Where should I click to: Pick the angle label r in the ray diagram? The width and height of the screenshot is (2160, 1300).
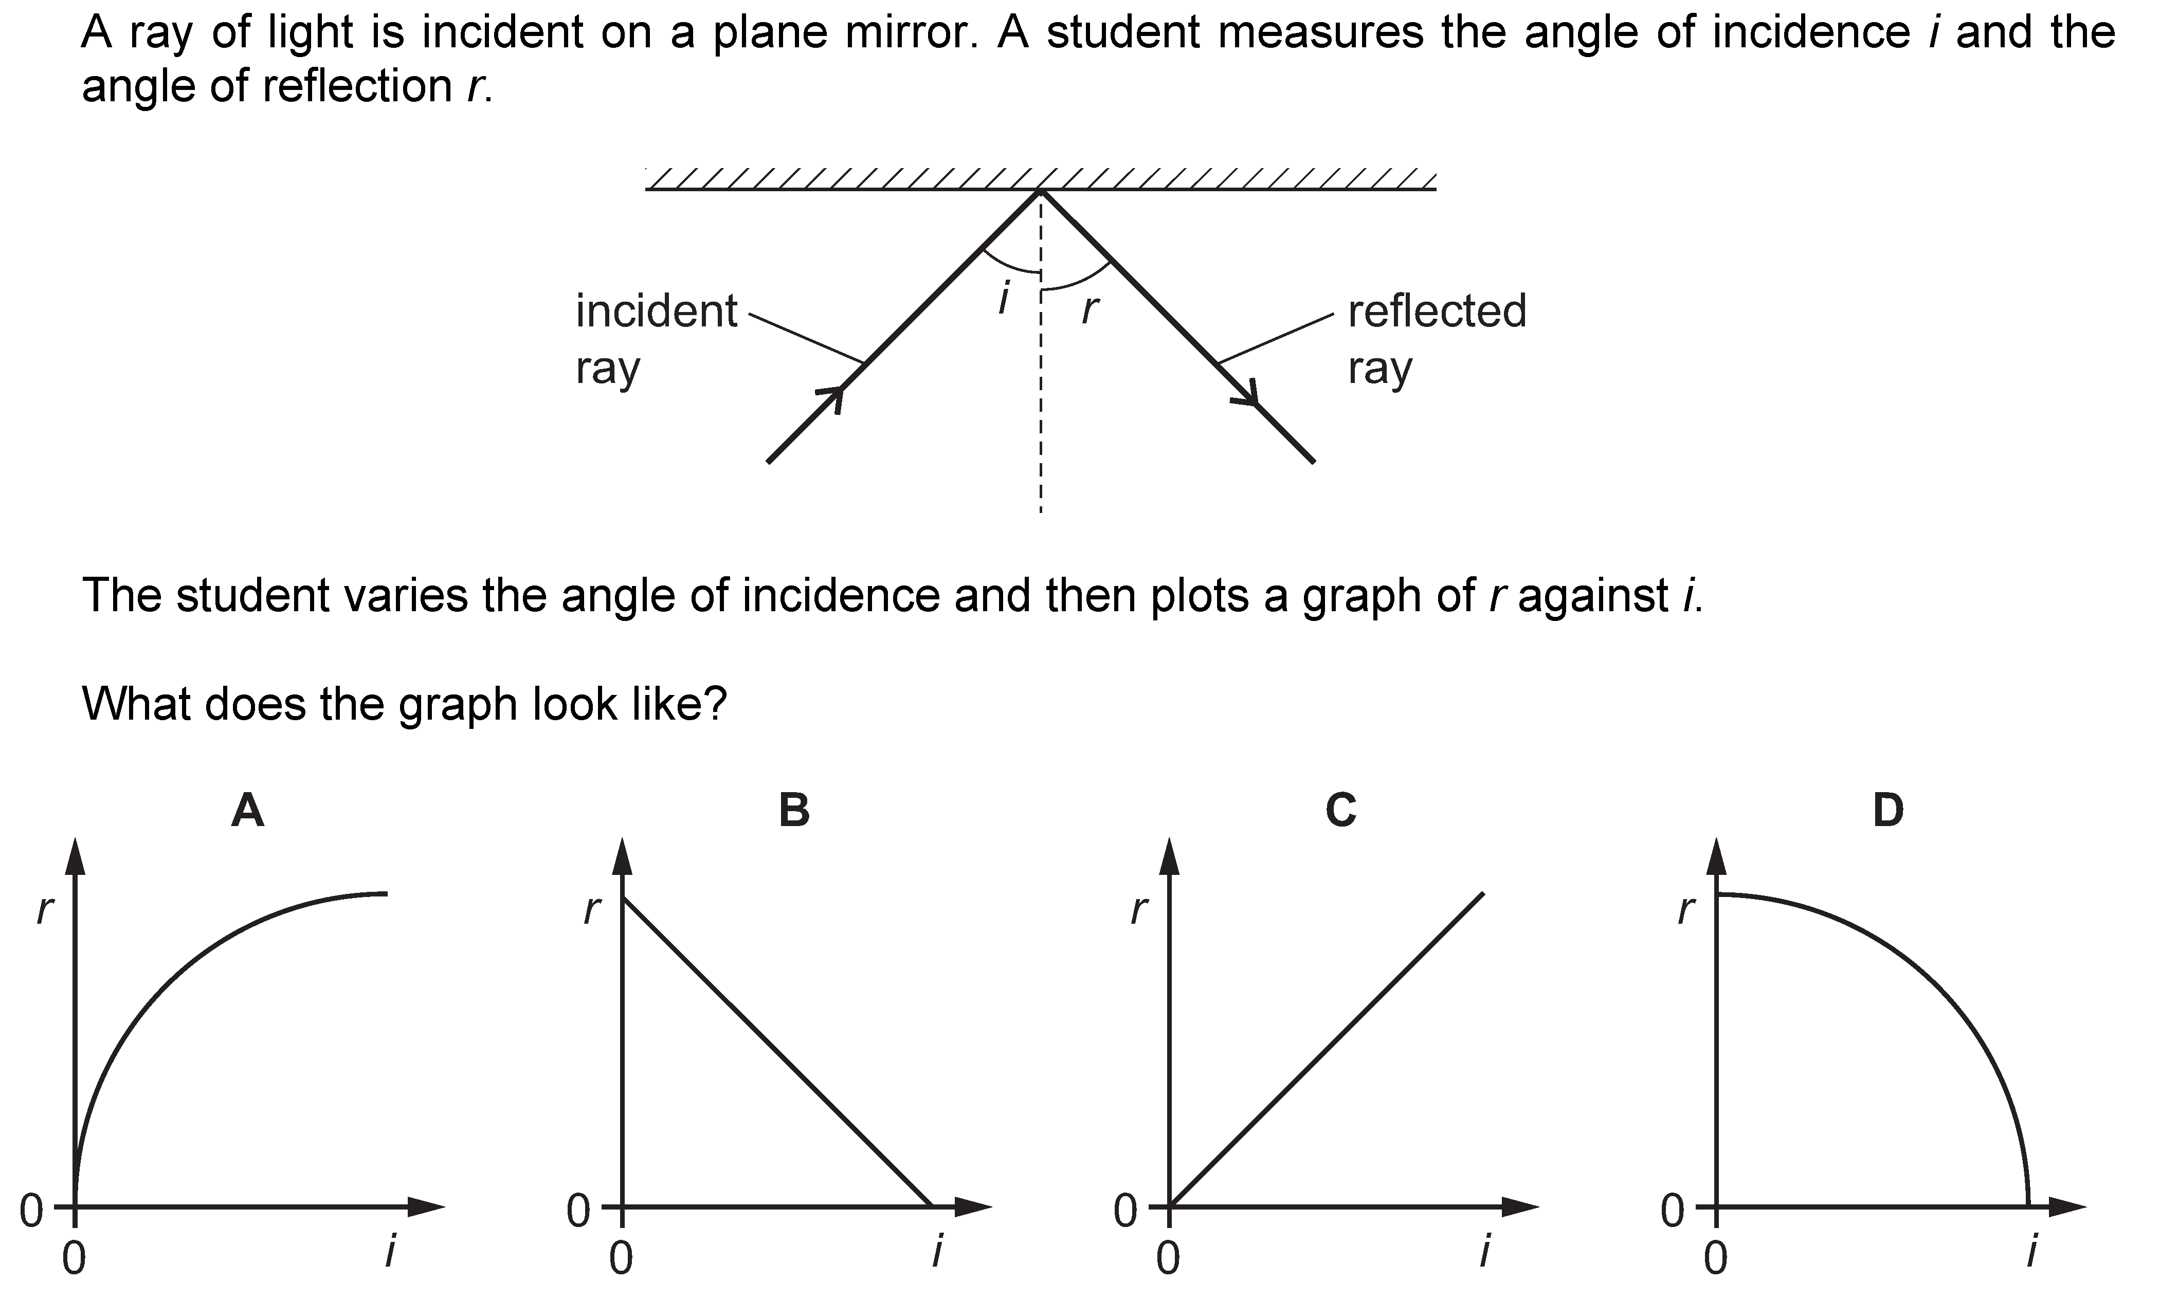click(1089, 309)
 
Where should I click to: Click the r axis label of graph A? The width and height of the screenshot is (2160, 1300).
click(44, 911)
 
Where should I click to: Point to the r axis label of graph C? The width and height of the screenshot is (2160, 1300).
click(1137, 911)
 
